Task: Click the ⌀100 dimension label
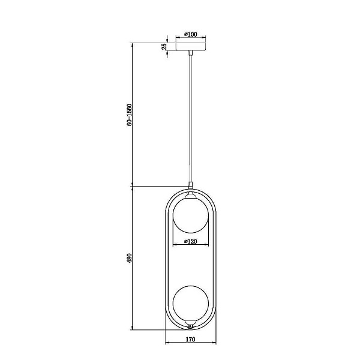(191, 34)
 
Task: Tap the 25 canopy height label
(164, 47)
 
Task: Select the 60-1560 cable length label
(130, 115)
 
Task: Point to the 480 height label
(130, 258)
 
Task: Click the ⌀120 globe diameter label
(191, 241)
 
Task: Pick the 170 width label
(191, 339)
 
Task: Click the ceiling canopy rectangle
(191, 47)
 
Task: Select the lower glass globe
(191, 303)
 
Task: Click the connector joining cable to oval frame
(190, 185)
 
